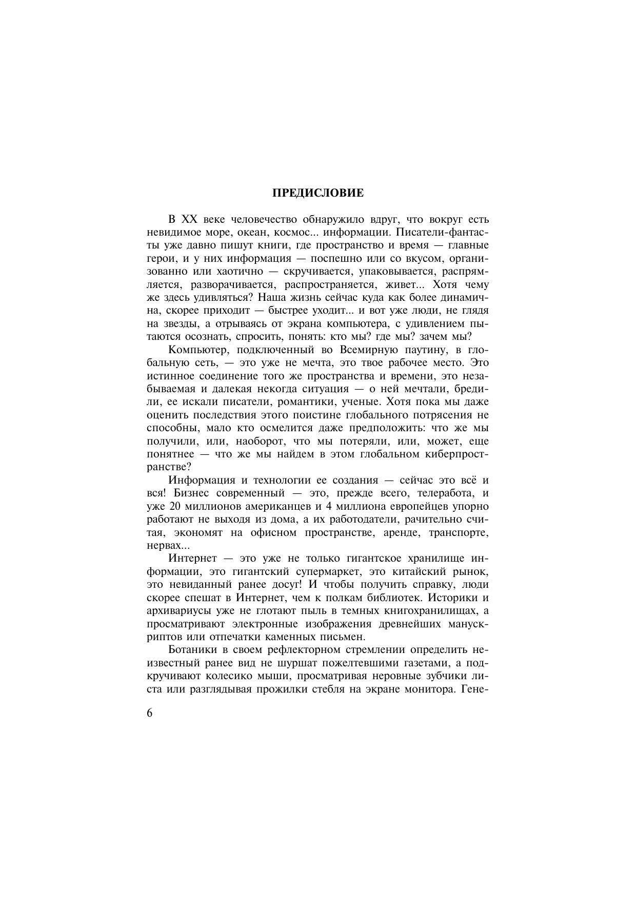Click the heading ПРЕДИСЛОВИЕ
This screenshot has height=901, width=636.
317,193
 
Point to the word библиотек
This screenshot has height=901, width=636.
394,598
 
